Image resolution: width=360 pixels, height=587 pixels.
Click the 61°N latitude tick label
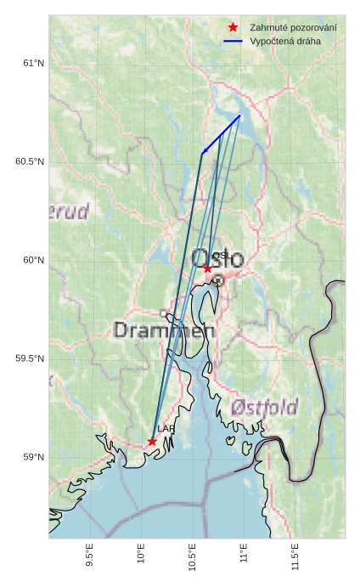point(33,64)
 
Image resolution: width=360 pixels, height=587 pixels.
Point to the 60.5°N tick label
point(30,162)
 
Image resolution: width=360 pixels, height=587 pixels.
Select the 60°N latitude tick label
point(33,261)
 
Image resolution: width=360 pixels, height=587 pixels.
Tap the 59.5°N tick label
point(30,359)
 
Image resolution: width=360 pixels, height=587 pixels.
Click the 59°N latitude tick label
point(33,458)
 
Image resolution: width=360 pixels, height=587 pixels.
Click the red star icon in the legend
point(233,28)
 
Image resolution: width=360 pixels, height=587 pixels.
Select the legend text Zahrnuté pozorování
point(293,28)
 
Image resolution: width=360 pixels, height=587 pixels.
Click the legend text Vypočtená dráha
point(285,41)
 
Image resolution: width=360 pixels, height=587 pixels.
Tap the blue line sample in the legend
point(233,41)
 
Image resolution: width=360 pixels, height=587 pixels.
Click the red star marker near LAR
point(152,442)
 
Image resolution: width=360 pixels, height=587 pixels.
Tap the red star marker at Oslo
point(207,268)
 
